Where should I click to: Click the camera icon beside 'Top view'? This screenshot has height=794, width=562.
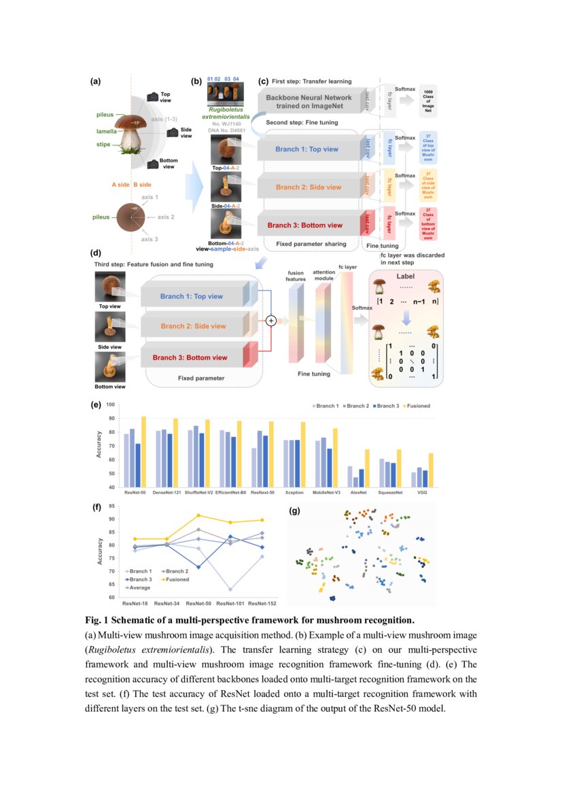click(x=152, y=98)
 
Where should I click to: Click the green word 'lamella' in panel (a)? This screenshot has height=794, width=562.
click(x=106, y=131)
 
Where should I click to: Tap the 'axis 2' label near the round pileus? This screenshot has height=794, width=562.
click(x=166, y=217)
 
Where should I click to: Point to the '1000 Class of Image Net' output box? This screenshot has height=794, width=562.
click(x=428, y=101)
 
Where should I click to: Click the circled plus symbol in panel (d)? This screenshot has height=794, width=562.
click(x=270, y=321)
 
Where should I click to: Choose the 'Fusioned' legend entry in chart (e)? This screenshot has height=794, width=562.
click(x=416, y=406)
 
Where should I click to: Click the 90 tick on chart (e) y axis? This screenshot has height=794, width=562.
click(x=111, y=420)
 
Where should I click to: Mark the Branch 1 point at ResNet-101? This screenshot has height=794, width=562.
click(x=230, y=589)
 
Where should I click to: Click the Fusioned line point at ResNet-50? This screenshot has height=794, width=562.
click(x=198, y=515)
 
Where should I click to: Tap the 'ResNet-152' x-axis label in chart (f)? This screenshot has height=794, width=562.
click(x=262, y=602)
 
